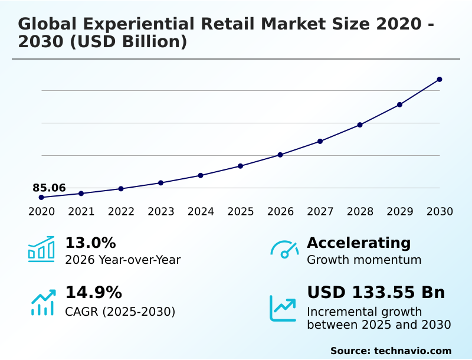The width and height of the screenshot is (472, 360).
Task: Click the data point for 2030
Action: click(x=440, y=79)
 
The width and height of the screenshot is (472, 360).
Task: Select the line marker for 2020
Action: click(x=41, y=197)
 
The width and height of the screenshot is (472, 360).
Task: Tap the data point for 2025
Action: click(x=240, y=166)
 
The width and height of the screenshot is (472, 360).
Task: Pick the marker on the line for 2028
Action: click(x=360, y=125)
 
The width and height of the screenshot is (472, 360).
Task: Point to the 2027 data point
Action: click(x=320, y=141)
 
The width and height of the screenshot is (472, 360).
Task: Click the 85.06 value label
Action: click(x=49, y=188)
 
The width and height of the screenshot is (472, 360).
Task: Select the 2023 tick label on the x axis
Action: click(x=160, y=211)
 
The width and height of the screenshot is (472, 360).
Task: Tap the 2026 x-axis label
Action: click(x=280, y=211)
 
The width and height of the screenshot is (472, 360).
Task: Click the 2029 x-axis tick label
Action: click(x=399, y=211)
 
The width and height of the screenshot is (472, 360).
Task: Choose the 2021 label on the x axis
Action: click(x=81, y=211)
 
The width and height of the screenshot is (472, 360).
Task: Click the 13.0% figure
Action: click(x=90, y=243)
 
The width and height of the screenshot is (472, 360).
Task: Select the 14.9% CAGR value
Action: click(x=93, y=293)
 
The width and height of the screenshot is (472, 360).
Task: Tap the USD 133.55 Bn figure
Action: click(x=376, y=293)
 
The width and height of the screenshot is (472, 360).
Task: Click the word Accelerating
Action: click(x=359, y=243)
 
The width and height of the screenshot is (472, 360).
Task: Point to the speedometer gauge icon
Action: click(x=284, y=250)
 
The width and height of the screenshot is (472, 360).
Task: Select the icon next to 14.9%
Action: click(x=42, y=302)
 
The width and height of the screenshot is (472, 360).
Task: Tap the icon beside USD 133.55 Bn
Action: click(x=283, y=307)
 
